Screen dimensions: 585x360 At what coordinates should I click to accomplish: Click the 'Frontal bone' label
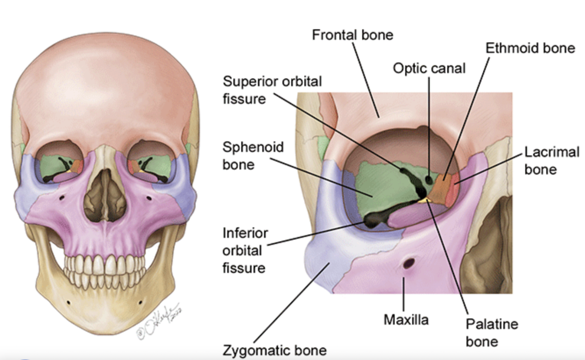pos(353,35)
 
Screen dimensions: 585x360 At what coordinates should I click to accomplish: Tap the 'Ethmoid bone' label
pos(530,48)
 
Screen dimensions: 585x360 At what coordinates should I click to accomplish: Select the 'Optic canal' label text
pos(429,68)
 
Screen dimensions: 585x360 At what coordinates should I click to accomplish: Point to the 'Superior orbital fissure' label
pos(272,90)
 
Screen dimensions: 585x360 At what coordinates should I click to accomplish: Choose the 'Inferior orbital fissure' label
pos(245,250)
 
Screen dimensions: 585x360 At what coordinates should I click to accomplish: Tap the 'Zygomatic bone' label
pos(275,350)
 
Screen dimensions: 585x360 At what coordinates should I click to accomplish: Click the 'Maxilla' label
pos(406,320)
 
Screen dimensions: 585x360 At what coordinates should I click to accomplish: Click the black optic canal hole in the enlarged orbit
pos(429,179)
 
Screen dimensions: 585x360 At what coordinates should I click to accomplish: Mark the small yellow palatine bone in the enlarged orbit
pos(424,201)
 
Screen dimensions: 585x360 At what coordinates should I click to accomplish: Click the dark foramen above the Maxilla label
pos(409,264)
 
